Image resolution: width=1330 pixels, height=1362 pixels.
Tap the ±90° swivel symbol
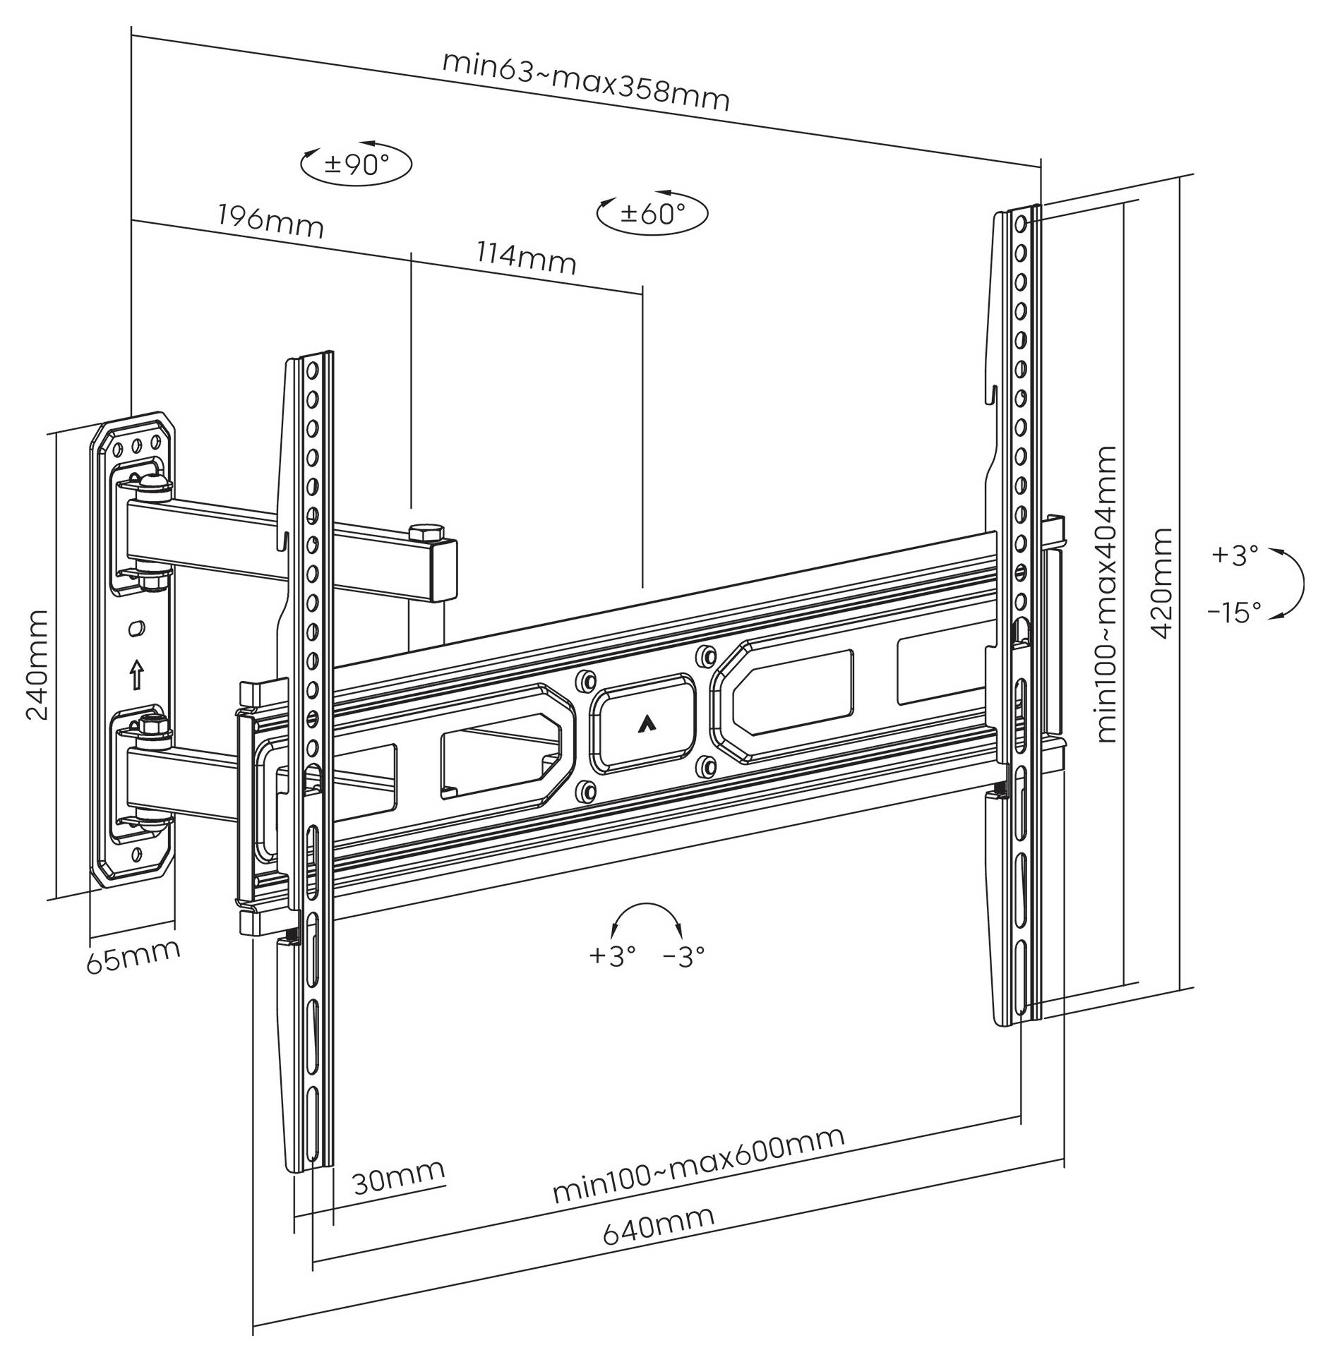[x=357, y=164]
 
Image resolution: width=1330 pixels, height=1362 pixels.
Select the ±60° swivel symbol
[x=652, y=212]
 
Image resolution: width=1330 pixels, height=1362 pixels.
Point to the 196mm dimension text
[x=270, y=220]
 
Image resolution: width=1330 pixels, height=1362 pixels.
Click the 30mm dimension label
[x=399, y=1176]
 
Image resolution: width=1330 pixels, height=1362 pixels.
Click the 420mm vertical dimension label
[x=1161, y=583]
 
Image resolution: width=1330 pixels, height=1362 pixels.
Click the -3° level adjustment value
[x=684, y=956]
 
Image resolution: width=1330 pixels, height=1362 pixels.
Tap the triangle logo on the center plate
[x=642, y=723]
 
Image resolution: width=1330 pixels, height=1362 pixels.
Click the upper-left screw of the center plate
[x=585, y=681]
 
